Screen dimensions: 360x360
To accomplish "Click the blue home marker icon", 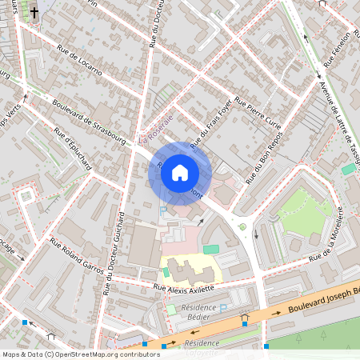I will tap(180, 172).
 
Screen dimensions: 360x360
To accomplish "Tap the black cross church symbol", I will tap(34, 12).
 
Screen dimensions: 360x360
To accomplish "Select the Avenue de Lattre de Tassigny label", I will tap(338, 116).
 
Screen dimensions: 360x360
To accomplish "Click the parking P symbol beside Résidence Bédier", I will tap(225, 306).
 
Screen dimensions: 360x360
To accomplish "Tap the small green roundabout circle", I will tap(242, 226).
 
